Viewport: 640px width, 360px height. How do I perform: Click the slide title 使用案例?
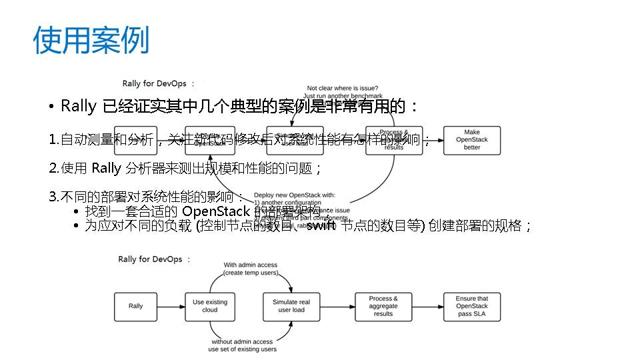click(x=91, y=41)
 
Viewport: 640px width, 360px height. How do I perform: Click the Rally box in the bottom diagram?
click(x=135, y=306)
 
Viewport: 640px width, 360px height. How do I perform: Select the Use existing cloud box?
click(x=209, y=306)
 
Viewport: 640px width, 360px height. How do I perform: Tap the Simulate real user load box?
click(x=291, y=306)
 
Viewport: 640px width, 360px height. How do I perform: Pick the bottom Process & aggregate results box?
click(x=383, y=306)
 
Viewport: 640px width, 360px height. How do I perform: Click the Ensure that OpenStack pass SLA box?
click(x=471, y=306)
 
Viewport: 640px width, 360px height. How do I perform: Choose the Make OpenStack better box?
click(x=471, y=140)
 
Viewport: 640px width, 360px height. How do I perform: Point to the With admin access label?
click(x=250, y=265)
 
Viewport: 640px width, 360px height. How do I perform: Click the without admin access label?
click(x=242, y=341)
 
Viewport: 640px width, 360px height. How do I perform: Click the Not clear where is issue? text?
click(x=342, y=88)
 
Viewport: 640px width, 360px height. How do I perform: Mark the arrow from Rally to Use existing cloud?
click(x=169, y=306)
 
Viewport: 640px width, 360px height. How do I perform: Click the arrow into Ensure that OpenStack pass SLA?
click(x=433, y=306)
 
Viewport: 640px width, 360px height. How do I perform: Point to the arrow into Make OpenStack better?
click(x=433, y=140)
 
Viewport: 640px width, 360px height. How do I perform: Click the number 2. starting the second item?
click(x=54, y=169)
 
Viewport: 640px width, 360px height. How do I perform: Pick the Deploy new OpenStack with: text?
click(x=294, y=195)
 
